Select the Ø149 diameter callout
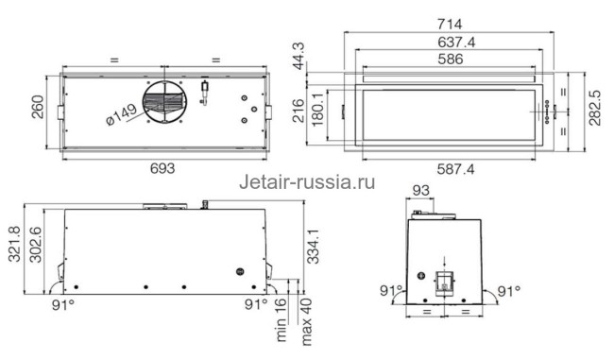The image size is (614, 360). pyautogui.click(x=122, y=118)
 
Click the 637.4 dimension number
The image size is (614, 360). pyautogui.click(x=456, y=41)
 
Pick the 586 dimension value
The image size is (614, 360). pyautogui.click(x=456, y=60)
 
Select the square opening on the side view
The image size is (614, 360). pyautogui.click(x=444, y=281)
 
